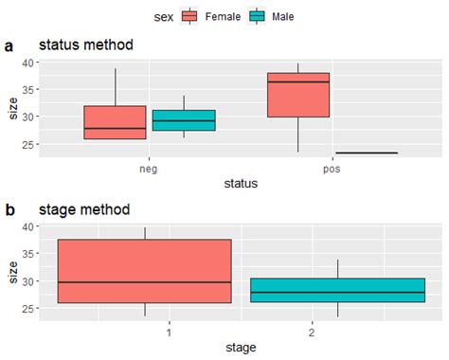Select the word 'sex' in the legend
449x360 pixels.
163,16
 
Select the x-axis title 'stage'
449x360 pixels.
241,347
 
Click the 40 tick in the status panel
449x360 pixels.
28,63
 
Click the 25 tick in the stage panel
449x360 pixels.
28,309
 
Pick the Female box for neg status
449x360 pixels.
115,122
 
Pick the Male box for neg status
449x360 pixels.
184,120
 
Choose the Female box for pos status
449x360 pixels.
298,95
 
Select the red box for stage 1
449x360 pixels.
145,271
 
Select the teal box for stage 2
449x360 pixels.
337,290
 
